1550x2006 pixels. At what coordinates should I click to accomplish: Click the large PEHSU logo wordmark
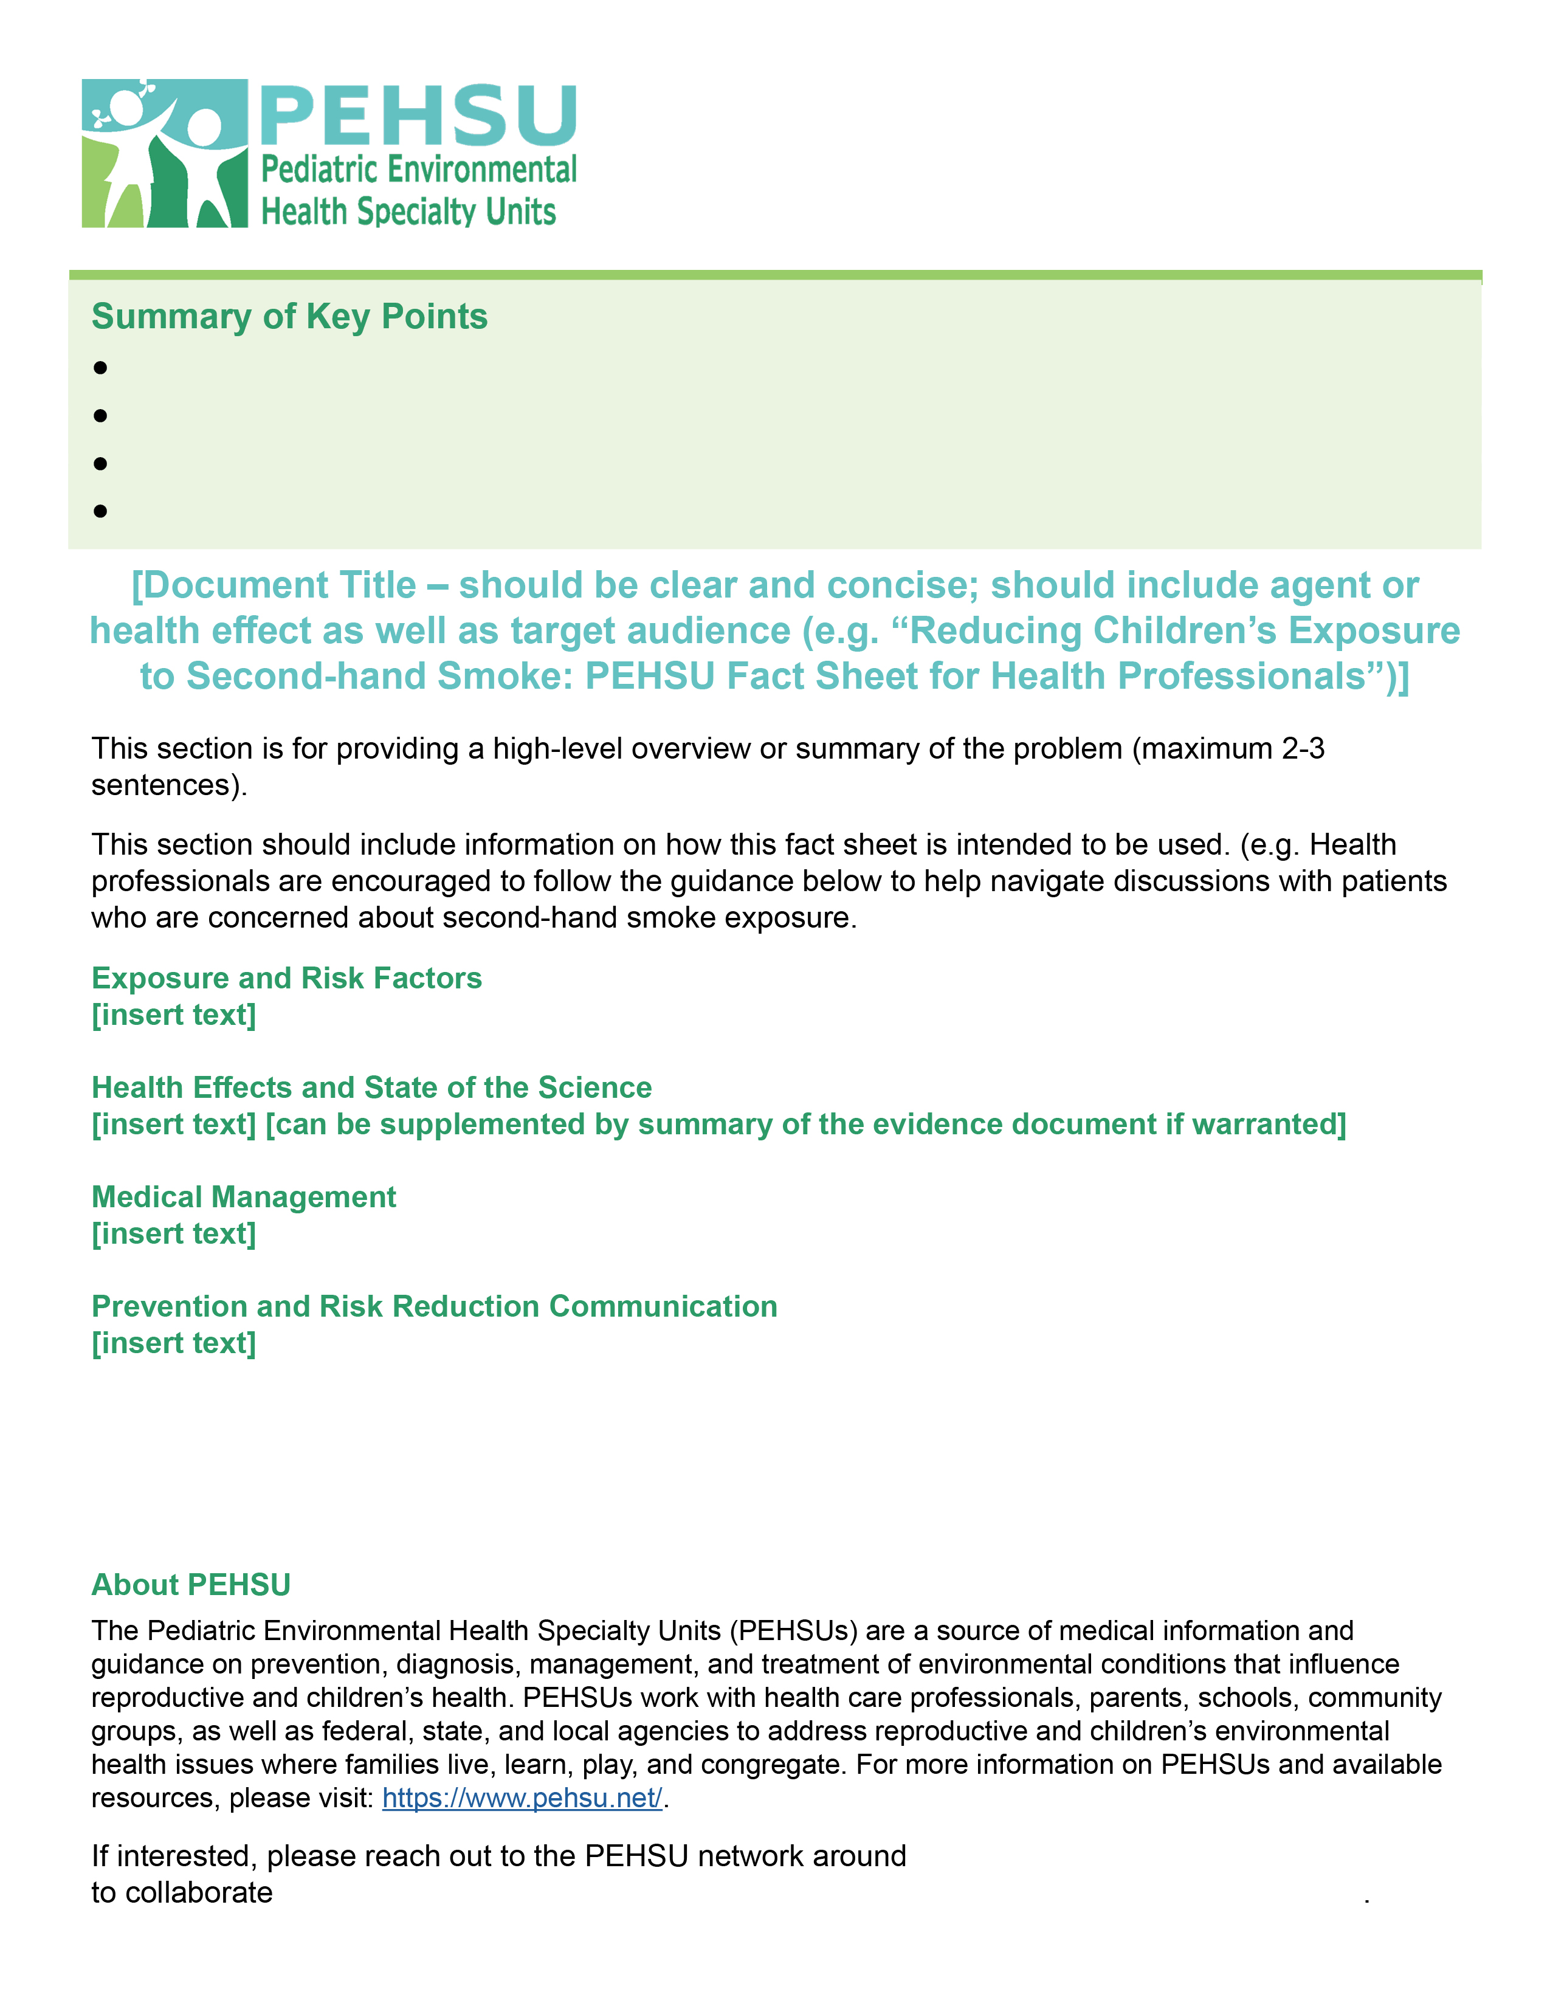pos(419,115)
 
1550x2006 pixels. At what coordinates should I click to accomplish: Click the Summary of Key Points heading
pos(289,316)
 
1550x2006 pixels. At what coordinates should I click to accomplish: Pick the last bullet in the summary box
pos(100,511)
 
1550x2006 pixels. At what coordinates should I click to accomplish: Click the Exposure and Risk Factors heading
pos(286,977)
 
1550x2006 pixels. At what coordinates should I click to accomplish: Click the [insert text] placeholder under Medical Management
pos(174,1233)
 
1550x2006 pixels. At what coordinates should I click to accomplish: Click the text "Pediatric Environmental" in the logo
pos(419,170)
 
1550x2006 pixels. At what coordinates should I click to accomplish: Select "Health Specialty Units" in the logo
pos(408,212)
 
